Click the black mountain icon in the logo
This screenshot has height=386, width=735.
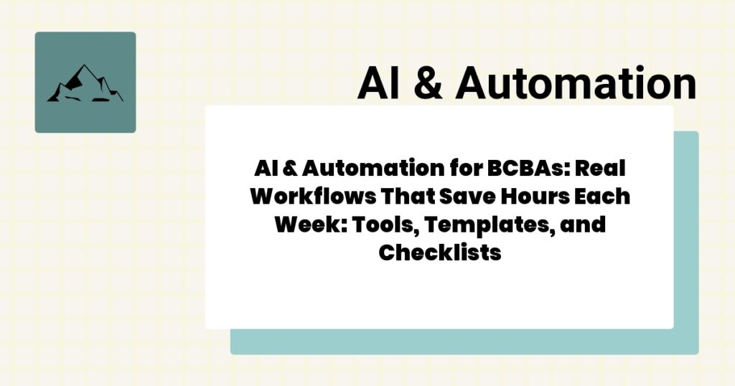click(85, 84)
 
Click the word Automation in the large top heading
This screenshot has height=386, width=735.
click(575, 85)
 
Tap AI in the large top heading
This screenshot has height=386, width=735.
click(379, 85)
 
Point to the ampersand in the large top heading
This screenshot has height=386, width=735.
click(428, 85)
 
